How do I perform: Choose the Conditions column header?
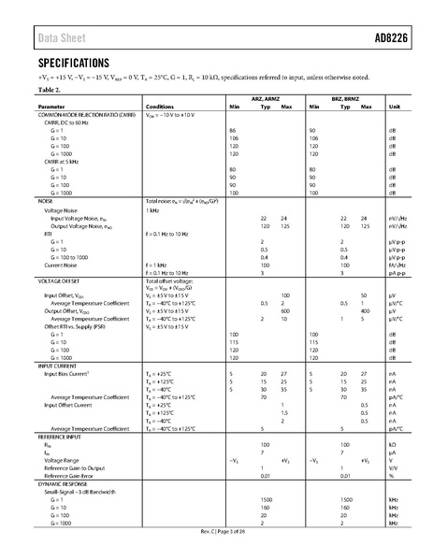(x=159, y=108)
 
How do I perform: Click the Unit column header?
(x=393, y=108)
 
